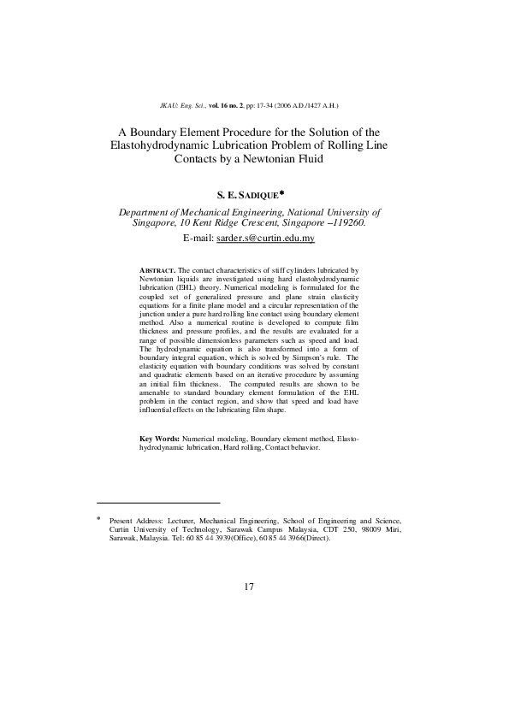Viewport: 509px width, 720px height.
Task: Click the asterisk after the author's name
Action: tap(293, 193)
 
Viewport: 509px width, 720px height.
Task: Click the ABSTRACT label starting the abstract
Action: tap(157, 269)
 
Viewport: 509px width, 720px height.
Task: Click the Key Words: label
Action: tap(159, 438)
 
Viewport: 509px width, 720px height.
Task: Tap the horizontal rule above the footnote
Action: tap(158, 503)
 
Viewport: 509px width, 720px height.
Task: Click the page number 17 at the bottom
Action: tap(250, 587)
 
